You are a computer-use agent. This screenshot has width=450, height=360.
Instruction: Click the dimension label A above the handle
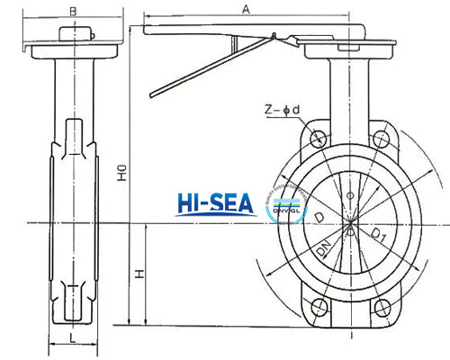[245, 8]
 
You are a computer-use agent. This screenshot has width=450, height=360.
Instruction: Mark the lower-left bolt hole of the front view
[318, 309]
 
